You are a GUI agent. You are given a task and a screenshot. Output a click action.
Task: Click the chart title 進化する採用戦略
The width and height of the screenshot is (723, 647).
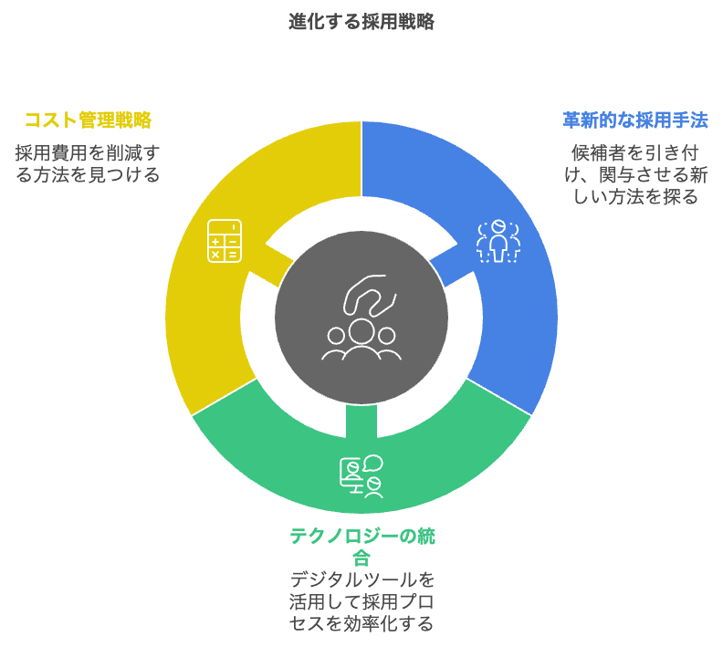point(361,22)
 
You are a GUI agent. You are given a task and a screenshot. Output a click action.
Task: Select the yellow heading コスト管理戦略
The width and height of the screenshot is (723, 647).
point(88,120)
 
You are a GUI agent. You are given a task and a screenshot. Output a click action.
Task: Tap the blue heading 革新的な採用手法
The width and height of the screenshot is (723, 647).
point(635,120)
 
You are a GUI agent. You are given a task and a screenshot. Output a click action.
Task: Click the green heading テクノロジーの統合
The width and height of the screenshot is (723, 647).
point(362,547)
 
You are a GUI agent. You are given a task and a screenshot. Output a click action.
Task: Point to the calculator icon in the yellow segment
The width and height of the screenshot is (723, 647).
point(225,241)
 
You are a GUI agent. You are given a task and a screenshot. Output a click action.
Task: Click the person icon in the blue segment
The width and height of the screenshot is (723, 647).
point(498,241)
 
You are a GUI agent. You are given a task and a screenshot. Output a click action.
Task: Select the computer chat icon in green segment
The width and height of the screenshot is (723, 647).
point(361,476)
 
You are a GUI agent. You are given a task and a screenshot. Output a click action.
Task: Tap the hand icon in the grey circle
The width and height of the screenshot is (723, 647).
point(370,296)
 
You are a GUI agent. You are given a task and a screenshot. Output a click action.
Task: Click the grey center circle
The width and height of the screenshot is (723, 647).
point(361,318)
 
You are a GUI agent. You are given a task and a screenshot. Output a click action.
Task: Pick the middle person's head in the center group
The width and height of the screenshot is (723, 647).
point(361,331)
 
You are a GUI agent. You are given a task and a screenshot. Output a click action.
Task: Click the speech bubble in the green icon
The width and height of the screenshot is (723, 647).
point(373,463)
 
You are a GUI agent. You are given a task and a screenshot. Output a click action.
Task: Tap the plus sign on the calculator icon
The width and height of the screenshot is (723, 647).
point(215,242)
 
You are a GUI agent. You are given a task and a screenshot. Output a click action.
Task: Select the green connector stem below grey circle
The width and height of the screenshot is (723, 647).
point(361,420)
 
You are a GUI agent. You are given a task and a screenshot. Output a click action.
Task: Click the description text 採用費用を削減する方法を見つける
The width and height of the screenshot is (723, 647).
point(88,163)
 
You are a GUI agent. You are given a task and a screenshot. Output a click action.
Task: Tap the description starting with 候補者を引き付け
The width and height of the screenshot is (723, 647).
point(635,174)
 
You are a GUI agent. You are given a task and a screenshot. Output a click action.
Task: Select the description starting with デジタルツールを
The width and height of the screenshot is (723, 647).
point(362,601)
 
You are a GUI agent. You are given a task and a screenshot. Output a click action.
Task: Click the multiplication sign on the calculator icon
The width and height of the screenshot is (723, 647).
point(215,254)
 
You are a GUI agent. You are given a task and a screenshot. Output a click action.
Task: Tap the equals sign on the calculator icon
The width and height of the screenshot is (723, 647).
point(233,254)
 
